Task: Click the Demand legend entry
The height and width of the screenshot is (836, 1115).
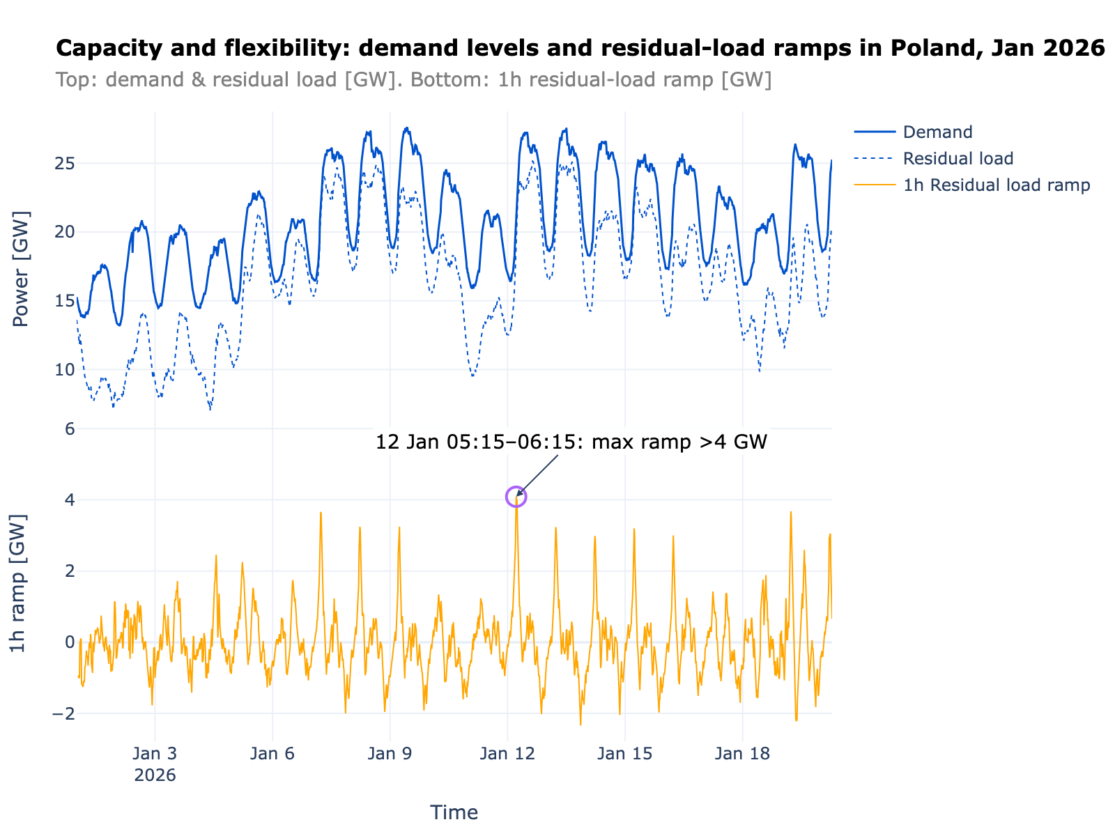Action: [937, 132]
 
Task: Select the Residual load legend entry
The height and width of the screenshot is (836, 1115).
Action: [958, 159]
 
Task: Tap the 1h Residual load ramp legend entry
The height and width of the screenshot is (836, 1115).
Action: [996, 185]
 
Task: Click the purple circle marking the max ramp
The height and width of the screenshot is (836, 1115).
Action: [516, 497]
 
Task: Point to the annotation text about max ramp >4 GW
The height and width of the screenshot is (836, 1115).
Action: [571, 442]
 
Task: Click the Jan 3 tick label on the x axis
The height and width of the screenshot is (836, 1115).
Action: [155, 754]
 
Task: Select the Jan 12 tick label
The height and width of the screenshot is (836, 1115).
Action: [507, 754]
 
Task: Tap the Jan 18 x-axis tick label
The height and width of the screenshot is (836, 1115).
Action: [743, 754]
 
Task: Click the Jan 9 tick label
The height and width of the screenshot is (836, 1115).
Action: [390, 754]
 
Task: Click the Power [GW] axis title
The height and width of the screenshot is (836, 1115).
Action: [22, 269]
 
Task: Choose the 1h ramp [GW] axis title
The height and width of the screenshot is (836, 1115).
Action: [19, 584]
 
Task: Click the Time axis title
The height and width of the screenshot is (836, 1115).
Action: [454, 812]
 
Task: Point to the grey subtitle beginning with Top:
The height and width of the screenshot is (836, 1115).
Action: [413, 80]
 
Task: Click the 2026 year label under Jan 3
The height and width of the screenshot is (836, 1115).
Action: [155, 775]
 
